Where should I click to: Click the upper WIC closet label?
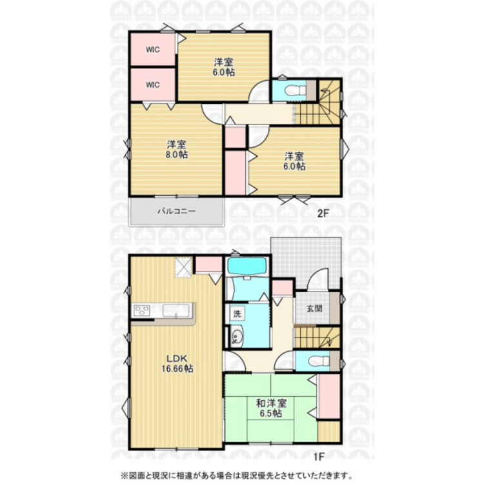(153, 50)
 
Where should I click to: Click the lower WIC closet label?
(153, 85)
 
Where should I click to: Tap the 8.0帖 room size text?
(176, 154)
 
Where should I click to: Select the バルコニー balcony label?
(177, 211)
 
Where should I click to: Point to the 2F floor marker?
(322, 214)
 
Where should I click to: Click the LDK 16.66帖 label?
(177, 363)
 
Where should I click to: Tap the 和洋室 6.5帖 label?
(271, 408)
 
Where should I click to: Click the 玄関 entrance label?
(314, 308)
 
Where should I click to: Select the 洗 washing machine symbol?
(237, 314)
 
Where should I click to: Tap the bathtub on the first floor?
(247, 266)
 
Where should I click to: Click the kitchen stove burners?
(142, 310)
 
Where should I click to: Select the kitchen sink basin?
(176, 310)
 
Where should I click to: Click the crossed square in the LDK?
(184, 267)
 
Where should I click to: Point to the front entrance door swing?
(318, 279)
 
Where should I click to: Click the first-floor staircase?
(318, 337)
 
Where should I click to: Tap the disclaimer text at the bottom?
(236, 476)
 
